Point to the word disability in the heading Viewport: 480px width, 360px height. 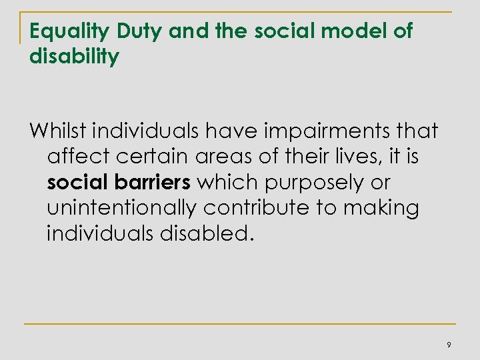75,57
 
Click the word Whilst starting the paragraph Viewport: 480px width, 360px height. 59,131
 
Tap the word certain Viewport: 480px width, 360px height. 146,157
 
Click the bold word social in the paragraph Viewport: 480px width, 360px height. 75,183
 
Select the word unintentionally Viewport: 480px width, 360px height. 122,209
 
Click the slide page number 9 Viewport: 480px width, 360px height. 449,345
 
